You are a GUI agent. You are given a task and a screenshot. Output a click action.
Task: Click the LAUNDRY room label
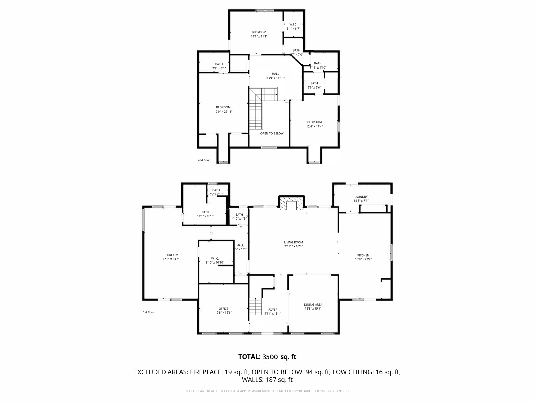pos(361,197)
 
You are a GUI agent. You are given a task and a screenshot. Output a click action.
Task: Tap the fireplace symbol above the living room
pos(292,204)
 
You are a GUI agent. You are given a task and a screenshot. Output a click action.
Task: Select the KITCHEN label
pos(363,255)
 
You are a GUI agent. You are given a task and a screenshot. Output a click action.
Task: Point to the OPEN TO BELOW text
pos(272,133)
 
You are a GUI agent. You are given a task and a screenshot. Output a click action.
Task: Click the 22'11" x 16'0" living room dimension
pos(293,246)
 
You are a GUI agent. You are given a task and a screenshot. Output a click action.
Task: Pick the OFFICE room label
pos(223,309)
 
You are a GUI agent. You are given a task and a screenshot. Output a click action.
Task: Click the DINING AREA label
pos(313,305)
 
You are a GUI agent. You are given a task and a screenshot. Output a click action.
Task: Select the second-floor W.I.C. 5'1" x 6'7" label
pos(293,26)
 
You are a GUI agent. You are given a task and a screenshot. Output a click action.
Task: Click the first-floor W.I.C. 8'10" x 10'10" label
pos(215,260)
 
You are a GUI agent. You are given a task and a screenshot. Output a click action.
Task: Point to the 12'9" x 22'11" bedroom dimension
pos(223,112)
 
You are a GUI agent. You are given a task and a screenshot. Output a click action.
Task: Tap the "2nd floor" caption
pos(203,160)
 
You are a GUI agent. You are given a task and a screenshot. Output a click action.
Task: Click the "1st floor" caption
pos(148,312)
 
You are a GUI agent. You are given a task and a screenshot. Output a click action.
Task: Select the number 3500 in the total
pos(270,357)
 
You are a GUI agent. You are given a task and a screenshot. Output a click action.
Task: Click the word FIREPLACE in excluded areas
pos(206,372)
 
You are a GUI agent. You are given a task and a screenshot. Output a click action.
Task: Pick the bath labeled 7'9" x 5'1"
pos(219,66)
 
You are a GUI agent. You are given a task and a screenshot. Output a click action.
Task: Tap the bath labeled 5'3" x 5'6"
pos(314,85)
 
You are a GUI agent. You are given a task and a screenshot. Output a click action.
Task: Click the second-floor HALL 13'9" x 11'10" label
pos(275,76)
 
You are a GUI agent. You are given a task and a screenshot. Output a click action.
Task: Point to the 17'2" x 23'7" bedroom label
pos(171,257)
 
